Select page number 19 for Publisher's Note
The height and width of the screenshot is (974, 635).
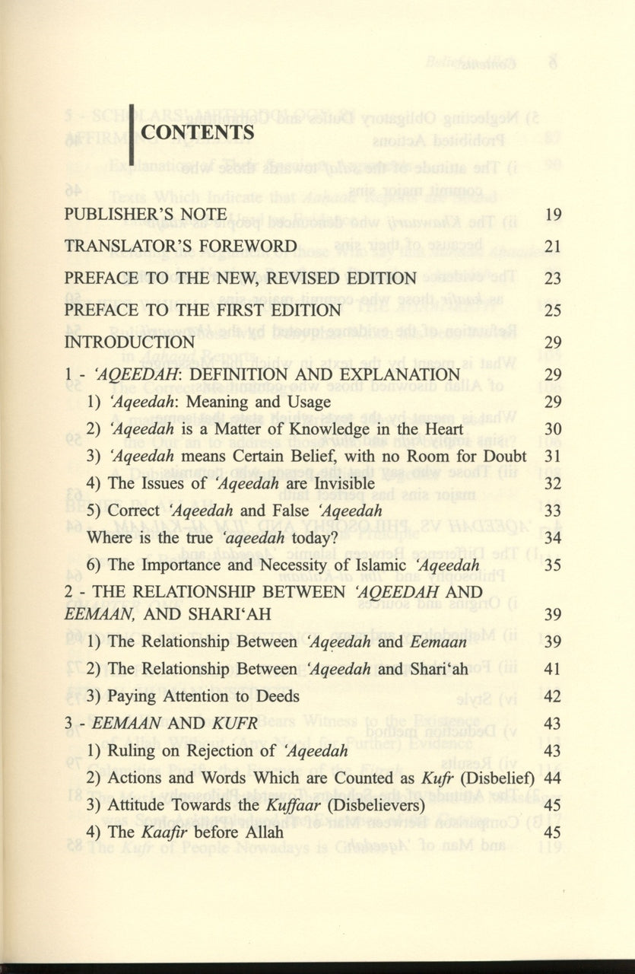point(553,214)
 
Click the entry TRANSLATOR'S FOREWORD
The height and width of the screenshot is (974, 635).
point(180,246)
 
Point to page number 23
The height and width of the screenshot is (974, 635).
point(553,278)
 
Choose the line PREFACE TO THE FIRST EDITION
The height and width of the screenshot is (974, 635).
point(202,310)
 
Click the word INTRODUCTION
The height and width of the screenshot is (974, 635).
point(129,342)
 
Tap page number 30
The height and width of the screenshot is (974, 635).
point(553,430)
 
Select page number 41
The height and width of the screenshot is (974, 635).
point(553,669)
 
